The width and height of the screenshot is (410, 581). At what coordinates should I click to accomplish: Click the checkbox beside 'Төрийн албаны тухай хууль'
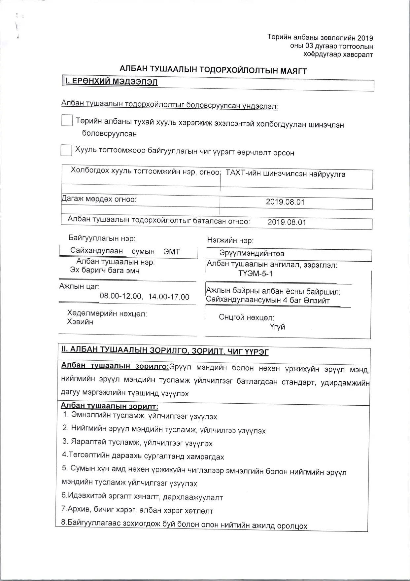pyautogui.click(x=67, y=120)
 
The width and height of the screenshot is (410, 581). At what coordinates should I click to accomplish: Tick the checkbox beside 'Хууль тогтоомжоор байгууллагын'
pyautogui.click(x=66, y=150)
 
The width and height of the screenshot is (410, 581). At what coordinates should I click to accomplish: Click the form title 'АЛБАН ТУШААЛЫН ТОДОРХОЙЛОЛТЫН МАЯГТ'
pyautogui.click(x=213, y=70)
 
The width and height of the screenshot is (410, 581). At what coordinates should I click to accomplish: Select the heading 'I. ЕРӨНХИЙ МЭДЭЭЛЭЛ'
pyautogui.click(x=112, y=82)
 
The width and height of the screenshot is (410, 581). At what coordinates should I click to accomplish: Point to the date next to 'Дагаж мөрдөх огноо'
pyautogui.click(x=285, y=202)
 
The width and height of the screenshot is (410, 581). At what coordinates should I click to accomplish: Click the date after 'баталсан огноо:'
pyautogui.click(x=287, y=222)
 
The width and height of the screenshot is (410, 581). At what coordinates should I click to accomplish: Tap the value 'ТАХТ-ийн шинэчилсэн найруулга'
pyautogui.click(x=286, y=174)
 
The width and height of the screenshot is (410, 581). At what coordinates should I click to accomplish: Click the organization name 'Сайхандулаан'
pyautogui.click(x=96, y=251)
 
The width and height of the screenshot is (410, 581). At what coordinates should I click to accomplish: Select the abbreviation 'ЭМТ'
pyautogui.click(x=172, y=251)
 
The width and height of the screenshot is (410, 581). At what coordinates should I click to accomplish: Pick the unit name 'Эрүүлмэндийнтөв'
pyautogui.click(x=252, y=253)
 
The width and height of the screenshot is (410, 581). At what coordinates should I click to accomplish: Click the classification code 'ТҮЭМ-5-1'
pyautogui.click(x=256, y=273)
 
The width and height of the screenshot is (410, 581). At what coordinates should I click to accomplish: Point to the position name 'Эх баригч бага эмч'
pyautogui.click(x=105, y=271)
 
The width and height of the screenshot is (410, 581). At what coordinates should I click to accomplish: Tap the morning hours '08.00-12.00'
pyautogui.click(x=120, y=296)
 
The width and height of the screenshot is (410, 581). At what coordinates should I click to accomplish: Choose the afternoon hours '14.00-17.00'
pyautogui.click(x=169, y=297)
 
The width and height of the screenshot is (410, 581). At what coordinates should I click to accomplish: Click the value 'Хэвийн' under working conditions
pyautogui.click(x=80, y=322)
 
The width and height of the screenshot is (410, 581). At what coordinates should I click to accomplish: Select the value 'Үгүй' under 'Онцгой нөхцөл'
pyautogui.click(x=277, y=327)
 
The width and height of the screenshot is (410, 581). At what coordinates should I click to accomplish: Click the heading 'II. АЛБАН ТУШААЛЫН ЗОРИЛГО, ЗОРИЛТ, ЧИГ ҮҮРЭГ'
pyautogui.click(x=165, y=351)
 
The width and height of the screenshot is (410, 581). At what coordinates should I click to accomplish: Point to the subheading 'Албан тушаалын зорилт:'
pyautogui.click(x=110, y=406)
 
